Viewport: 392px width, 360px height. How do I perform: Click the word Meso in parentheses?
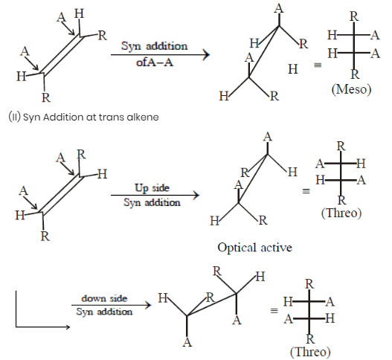coord(351,89)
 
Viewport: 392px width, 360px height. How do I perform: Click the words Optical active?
coord(254,248)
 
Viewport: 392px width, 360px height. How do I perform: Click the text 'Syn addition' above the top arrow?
coord(154,46)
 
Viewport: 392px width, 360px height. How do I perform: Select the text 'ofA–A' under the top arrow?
coord(155,62)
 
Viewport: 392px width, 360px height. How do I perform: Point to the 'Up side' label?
coord(152,187)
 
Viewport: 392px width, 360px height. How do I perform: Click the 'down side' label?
coord(104,298)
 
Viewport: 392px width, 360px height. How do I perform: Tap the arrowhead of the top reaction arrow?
coord(207,55)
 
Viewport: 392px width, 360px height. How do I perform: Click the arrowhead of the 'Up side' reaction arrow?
coord(196,195)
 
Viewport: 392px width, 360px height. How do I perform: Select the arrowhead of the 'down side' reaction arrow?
coord(149,305)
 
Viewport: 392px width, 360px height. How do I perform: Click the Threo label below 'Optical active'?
coord(310,352)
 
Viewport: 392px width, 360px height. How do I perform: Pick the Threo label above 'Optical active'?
coord(341,213)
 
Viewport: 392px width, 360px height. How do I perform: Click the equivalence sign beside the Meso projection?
coord(318,65)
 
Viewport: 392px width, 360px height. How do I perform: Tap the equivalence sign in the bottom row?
coord(274,311)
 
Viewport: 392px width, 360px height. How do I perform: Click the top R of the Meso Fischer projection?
coord(354,16)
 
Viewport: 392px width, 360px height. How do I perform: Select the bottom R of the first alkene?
coord(46,97)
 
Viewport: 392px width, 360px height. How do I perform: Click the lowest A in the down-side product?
coord(187,342)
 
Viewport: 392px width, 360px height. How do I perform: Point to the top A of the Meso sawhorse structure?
coord(279,8)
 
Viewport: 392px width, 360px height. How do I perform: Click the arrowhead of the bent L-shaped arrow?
coord(68,327)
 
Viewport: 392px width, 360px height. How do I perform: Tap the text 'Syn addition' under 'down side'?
coord(104,312)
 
